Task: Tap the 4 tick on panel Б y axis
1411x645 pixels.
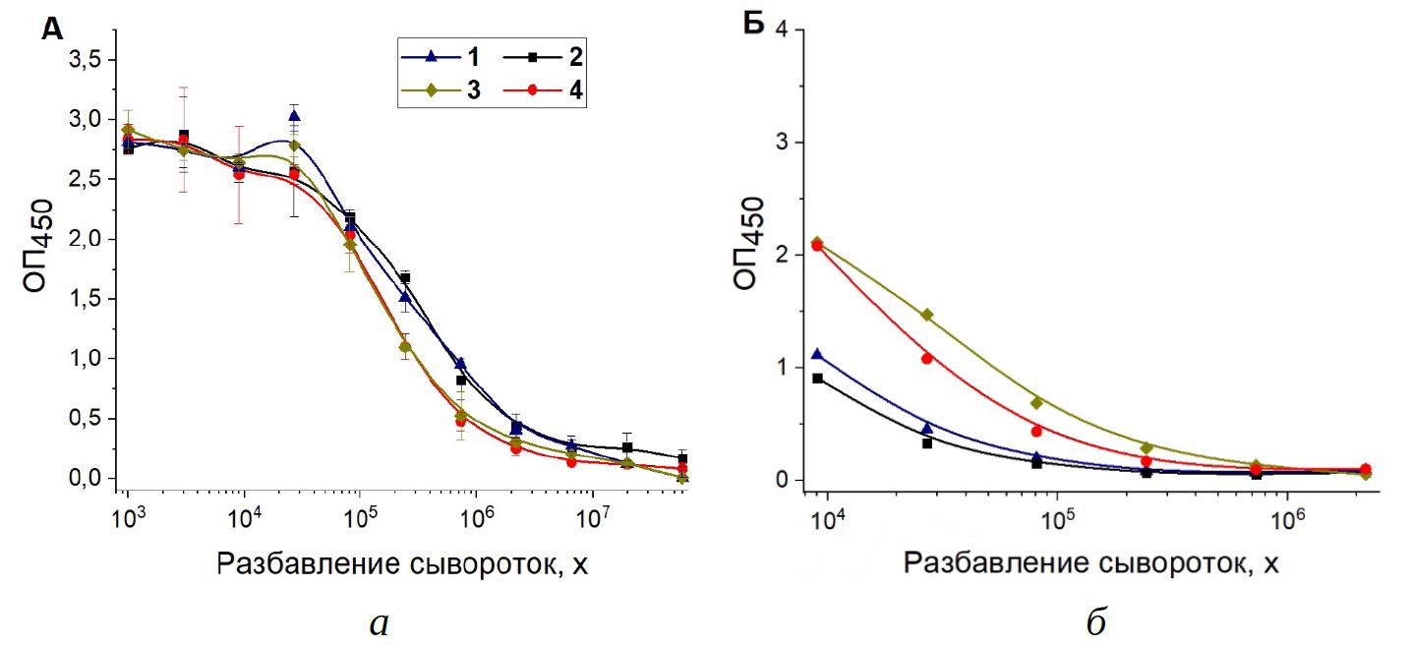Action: click(783, 29)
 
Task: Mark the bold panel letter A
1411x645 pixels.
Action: click(52, 30)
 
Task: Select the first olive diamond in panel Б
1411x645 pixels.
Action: click(817, 243)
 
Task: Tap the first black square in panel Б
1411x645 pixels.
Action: click(817, 379)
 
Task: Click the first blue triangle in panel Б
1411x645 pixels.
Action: click(817, 354)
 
